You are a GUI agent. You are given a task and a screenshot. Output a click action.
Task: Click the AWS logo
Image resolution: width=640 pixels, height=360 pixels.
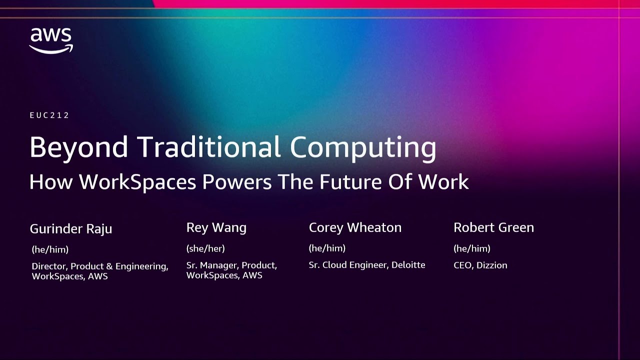pyautogui.click(x=51, y=40)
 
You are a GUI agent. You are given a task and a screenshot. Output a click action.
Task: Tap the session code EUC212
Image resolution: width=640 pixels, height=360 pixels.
pyautogui.click(x=49, y=115)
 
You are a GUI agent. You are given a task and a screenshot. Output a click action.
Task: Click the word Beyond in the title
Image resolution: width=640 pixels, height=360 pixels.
pyautogui.click(x=79, y=147)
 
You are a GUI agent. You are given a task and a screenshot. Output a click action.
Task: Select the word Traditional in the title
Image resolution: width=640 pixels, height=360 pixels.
pyautogui.click(x=209, y=147)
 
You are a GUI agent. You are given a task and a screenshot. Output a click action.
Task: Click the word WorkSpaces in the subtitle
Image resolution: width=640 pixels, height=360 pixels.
pyautogui.click(x=137, y=182)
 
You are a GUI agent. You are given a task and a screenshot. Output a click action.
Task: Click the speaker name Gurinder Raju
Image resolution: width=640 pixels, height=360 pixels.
pyautogui.click(x=71, y=229)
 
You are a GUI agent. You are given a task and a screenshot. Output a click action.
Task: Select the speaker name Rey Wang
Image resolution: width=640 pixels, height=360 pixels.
pyautogui.click(x=216, y=228)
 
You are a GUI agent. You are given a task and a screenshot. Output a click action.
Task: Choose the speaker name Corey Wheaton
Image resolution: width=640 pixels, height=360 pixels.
pyautogui.click(x=355, y=228)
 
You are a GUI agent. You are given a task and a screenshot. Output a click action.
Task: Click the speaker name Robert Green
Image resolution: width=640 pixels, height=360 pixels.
pyautogui.click(x=493, y=228)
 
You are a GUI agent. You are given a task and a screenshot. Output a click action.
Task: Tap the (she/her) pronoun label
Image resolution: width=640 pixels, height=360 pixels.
pyautogui.click(x=205, y=248)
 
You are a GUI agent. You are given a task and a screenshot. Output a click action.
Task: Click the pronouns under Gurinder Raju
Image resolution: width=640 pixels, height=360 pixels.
pyautogui.click(x=50, y=249)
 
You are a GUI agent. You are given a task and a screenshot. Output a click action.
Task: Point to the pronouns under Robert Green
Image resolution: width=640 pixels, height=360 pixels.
pyautogui.click(x=471, y=248)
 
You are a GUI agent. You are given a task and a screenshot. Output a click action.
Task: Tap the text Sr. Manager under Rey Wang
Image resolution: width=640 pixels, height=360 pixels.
pyautogui.click(x=212, y=265)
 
